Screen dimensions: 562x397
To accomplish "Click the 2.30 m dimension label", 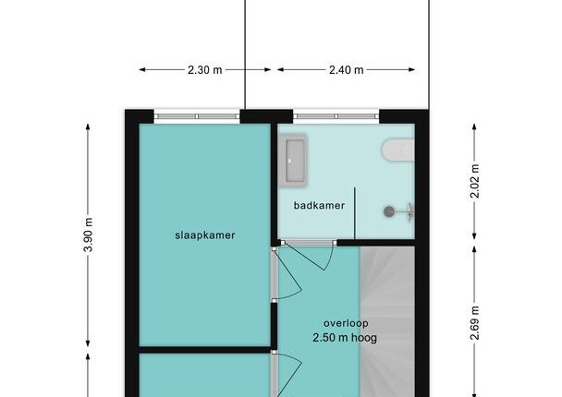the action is coord(204,70).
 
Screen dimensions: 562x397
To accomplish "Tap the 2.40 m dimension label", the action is coord(347,70).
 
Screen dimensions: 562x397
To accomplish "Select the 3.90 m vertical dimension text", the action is coord(89,235).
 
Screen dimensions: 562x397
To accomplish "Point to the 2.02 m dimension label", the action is coord(474,181).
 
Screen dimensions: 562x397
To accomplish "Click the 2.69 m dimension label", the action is coord(474,323).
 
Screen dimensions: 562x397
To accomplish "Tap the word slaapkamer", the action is coord(205,235).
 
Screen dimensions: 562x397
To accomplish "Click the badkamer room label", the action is coord(319,206).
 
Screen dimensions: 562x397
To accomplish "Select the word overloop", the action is coord(346,323).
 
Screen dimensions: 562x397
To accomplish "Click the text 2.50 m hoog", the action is coord(345,338).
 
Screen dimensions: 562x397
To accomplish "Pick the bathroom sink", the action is coord(293,160).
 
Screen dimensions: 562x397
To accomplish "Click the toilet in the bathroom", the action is coord(398,150).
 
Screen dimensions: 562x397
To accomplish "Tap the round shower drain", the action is coord(389,211).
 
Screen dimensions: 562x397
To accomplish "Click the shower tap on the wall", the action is coord(410,212).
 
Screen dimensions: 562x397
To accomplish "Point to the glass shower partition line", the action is coord(355,213).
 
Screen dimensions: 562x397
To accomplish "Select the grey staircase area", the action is coord(387,321).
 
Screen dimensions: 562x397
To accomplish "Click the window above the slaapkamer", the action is coord(197,116).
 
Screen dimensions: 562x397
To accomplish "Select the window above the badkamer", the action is coord(336,116).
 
